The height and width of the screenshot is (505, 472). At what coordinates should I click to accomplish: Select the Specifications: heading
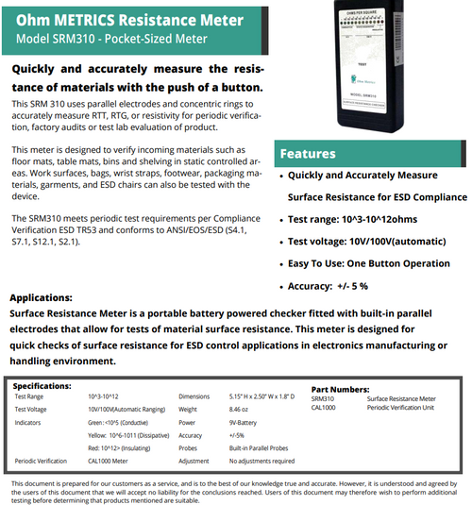click(x=43, y=385)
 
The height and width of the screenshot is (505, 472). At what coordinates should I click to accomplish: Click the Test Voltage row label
click(x=31, y=411)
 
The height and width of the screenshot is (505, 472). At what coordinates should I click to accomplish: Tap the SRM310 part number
click(x=323, y=399)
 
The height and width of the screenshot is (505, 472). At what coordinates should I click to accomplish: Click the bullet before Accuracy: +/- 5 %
click(x=282, y=286)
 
